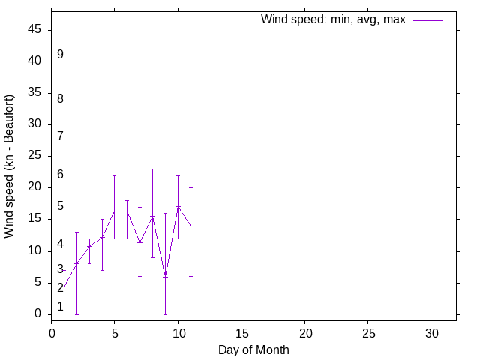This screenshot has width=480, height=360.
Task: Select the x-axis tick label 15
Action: click(x=241, y=332)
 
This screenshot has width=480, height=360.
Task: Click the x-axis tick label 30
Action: click(x=431, y=332)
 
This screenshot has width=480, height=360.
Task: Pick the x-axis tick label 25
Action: click(x=368, y=332)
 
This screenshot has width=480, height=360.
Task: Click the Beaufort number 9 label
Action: click(x=60, y=55)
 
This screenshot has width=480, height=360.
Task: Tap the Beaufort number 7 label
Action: click(x=60, y=136)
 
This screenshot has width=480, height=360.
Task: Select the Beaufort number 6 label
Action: click(x=60, y=175)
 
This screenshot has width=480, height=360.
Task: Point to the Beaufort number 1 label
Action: click(x=60, y=306)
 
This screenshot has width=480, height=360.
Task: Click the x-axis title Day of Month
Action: click(x=253, y=349)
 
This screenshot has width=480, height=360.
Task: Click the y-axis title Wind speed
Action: click(x=9, y=166)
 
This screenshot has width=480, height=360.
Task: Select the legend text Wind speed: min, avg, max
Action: click(x=333, y=19)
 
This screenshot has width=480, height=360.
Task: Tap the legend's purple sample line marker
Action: click(x=427, y=20)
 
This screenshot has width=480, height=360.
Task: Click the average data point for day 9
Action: click(x=165, y=275)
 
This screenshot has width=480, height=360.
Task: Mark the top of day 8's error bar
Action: click(x=152, y=169)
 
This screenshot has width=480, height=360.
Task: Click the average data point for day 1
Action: click(x=64, y=286)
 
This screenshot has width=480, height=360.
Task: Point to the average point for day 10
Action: click(x=178, y=206)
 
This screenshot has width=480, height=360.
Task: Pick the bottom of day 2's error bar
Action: click(x=76, y=313)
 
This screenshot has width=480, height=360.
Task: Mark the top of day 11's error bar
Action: click(x=190, y=187)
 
